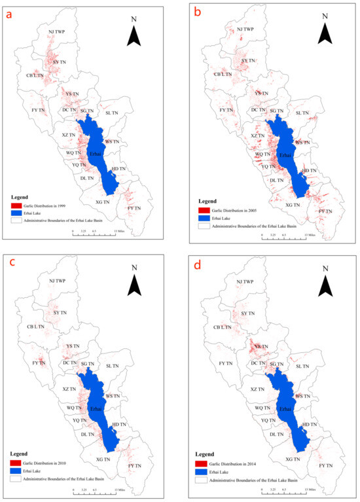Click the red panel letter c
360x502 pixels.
point(9,265)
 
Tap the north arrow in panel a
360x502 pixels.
point(134,37)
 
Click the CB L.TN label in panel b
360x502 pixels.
point(223,75)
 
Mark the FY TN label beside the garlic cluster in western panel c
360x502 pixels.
point(38,362)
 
